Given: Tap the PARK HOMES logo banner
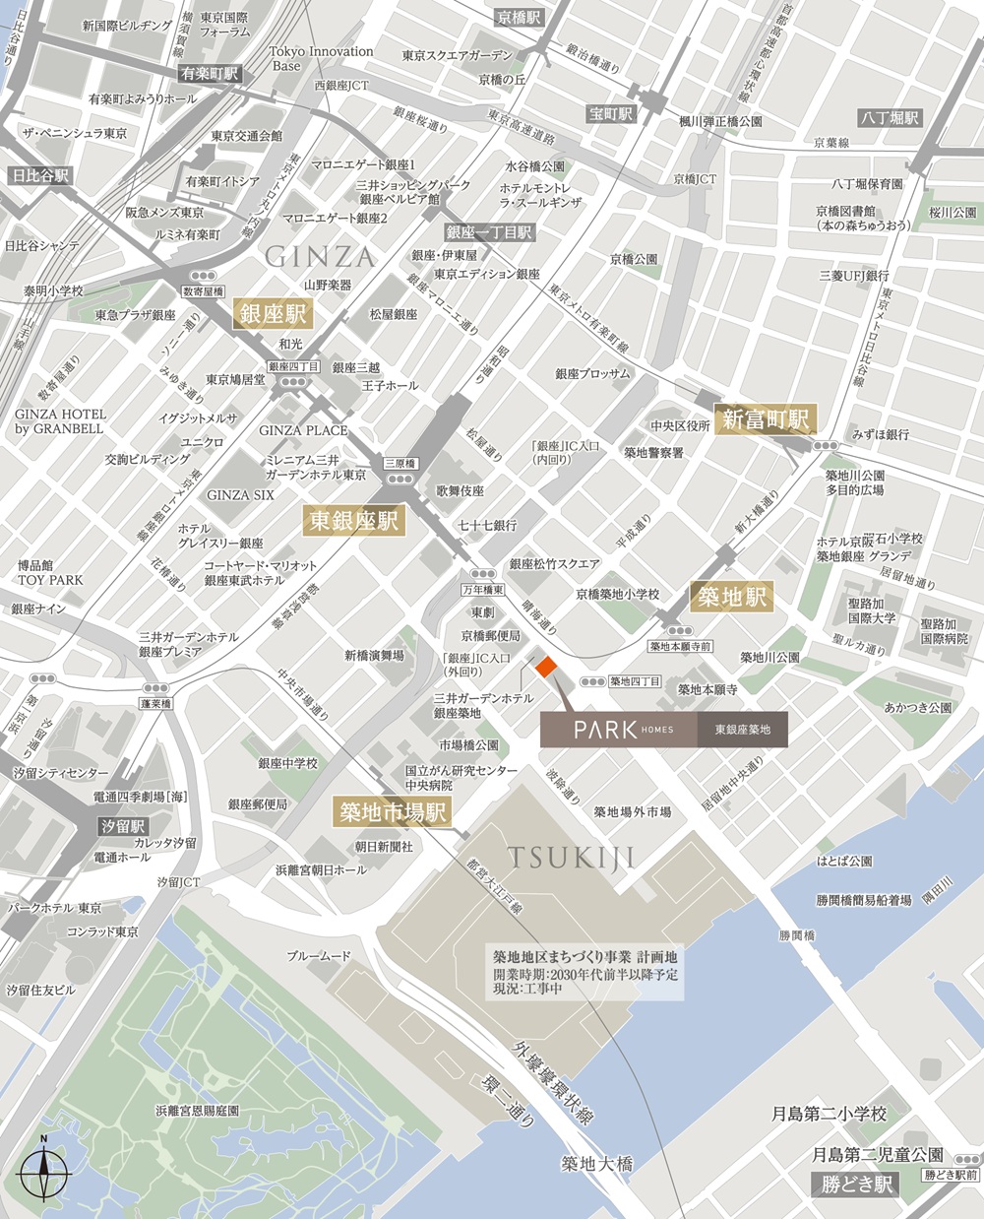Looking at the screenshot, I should [663, 730].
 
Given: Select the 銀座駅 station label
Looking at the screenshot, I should [272, 315].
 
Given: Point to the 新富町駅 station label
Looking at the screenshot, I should [765, 419].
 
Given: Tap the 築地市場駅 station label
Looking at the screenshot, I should [393, 811].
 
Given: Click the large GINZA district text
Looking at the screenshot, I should [320, 258].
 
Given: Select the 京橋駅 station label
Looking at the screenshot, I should [520, 18].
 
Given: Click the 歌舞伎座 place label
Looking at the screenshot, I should [461, 490].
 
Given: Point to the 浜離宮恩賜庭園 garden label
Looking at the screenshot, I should [197, 1110].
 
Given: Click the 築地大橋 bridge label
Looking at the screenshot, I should [596, 1164].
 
